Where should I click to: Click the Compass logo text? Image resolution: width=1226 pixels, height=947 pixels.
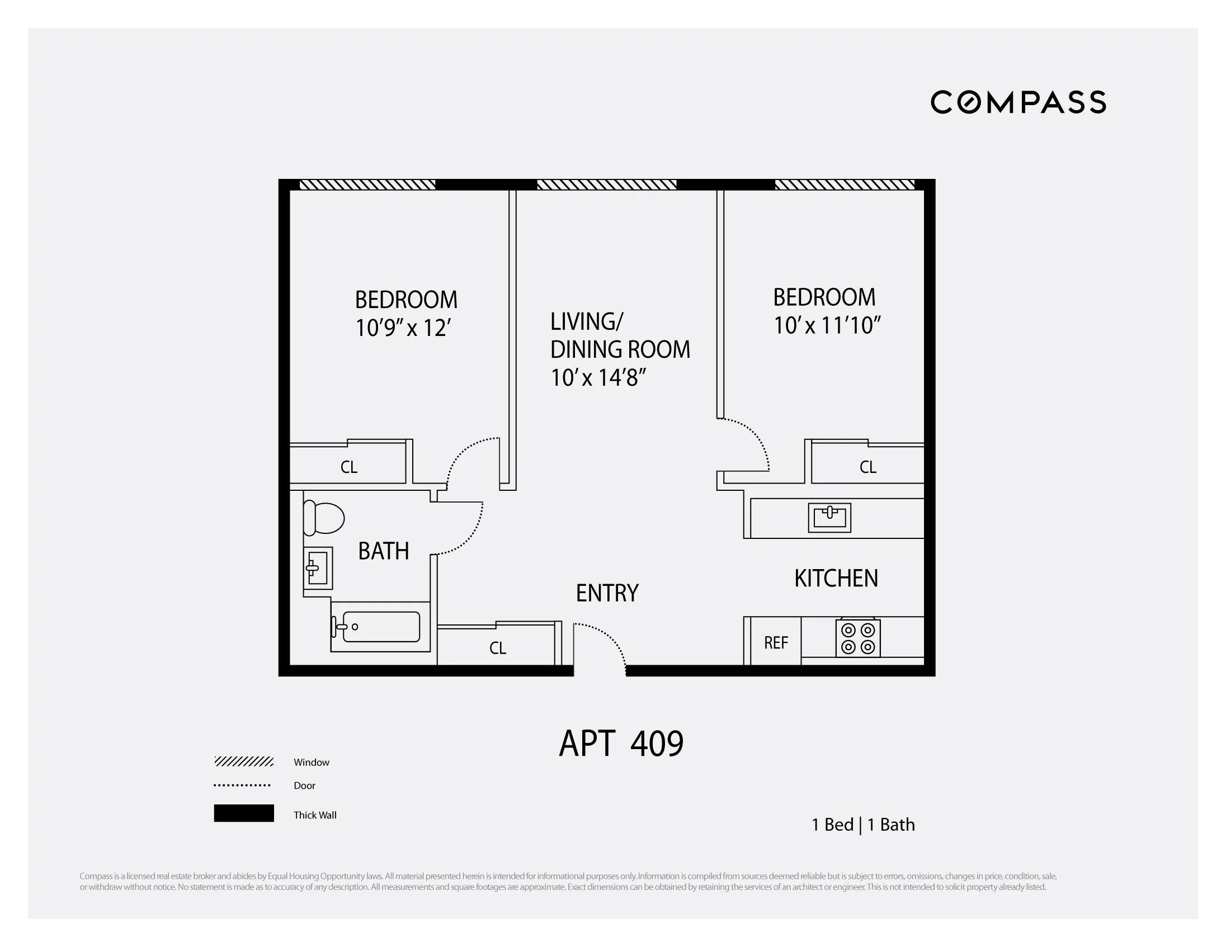click(1018, 102)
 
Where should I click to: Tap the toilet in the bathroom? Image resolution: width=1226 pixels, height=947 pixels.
click(323, 518)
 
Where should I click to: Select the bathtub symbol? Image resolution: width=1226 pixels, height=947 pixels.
click(380, 627)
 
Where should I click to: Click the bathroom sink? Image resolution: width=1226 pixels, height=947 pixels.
click(318, 568)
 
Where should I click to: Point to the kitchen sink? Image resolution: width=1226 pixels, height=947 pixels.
click(829, 517)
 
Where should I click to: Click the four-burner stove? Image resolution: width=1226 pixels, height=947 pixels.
click(858, 638)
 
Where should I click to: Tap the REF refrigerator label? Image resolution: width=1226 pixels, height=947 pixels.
click(776, 643)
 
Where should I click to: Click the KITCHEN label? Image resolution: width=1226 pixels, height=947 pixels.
click(836, 579)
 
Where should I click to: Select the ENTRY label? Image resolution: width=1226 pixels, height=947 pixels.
click(607, 593)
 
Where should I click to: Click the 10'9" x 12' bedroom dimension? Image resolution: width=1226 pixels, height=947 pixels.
click(403, 328)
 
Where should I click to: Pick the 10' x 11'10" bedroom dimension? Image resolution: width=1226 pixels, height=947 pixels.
click(826, 325)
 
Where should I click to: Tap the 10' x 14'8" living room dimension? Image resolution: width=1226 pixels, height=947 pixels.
click(598, 377)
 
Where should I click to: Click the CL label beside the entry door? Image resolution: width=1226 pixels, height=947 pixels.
click(497, 648)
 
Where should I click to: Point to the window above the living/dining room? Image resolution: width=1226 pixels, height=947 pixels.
click(606, 184)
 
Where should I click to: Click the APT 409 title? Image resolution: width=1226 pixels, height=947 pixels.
click(621, 744)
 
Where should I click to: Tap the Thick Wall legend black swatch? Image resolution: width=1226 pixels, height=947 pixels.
click(244, 813)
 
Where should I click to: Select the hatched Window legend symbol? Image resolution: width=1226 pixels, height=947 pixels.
click(244, 761)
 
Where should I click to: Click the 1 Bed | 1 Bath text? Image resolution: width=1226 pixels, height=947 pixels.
click(863, 825)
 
